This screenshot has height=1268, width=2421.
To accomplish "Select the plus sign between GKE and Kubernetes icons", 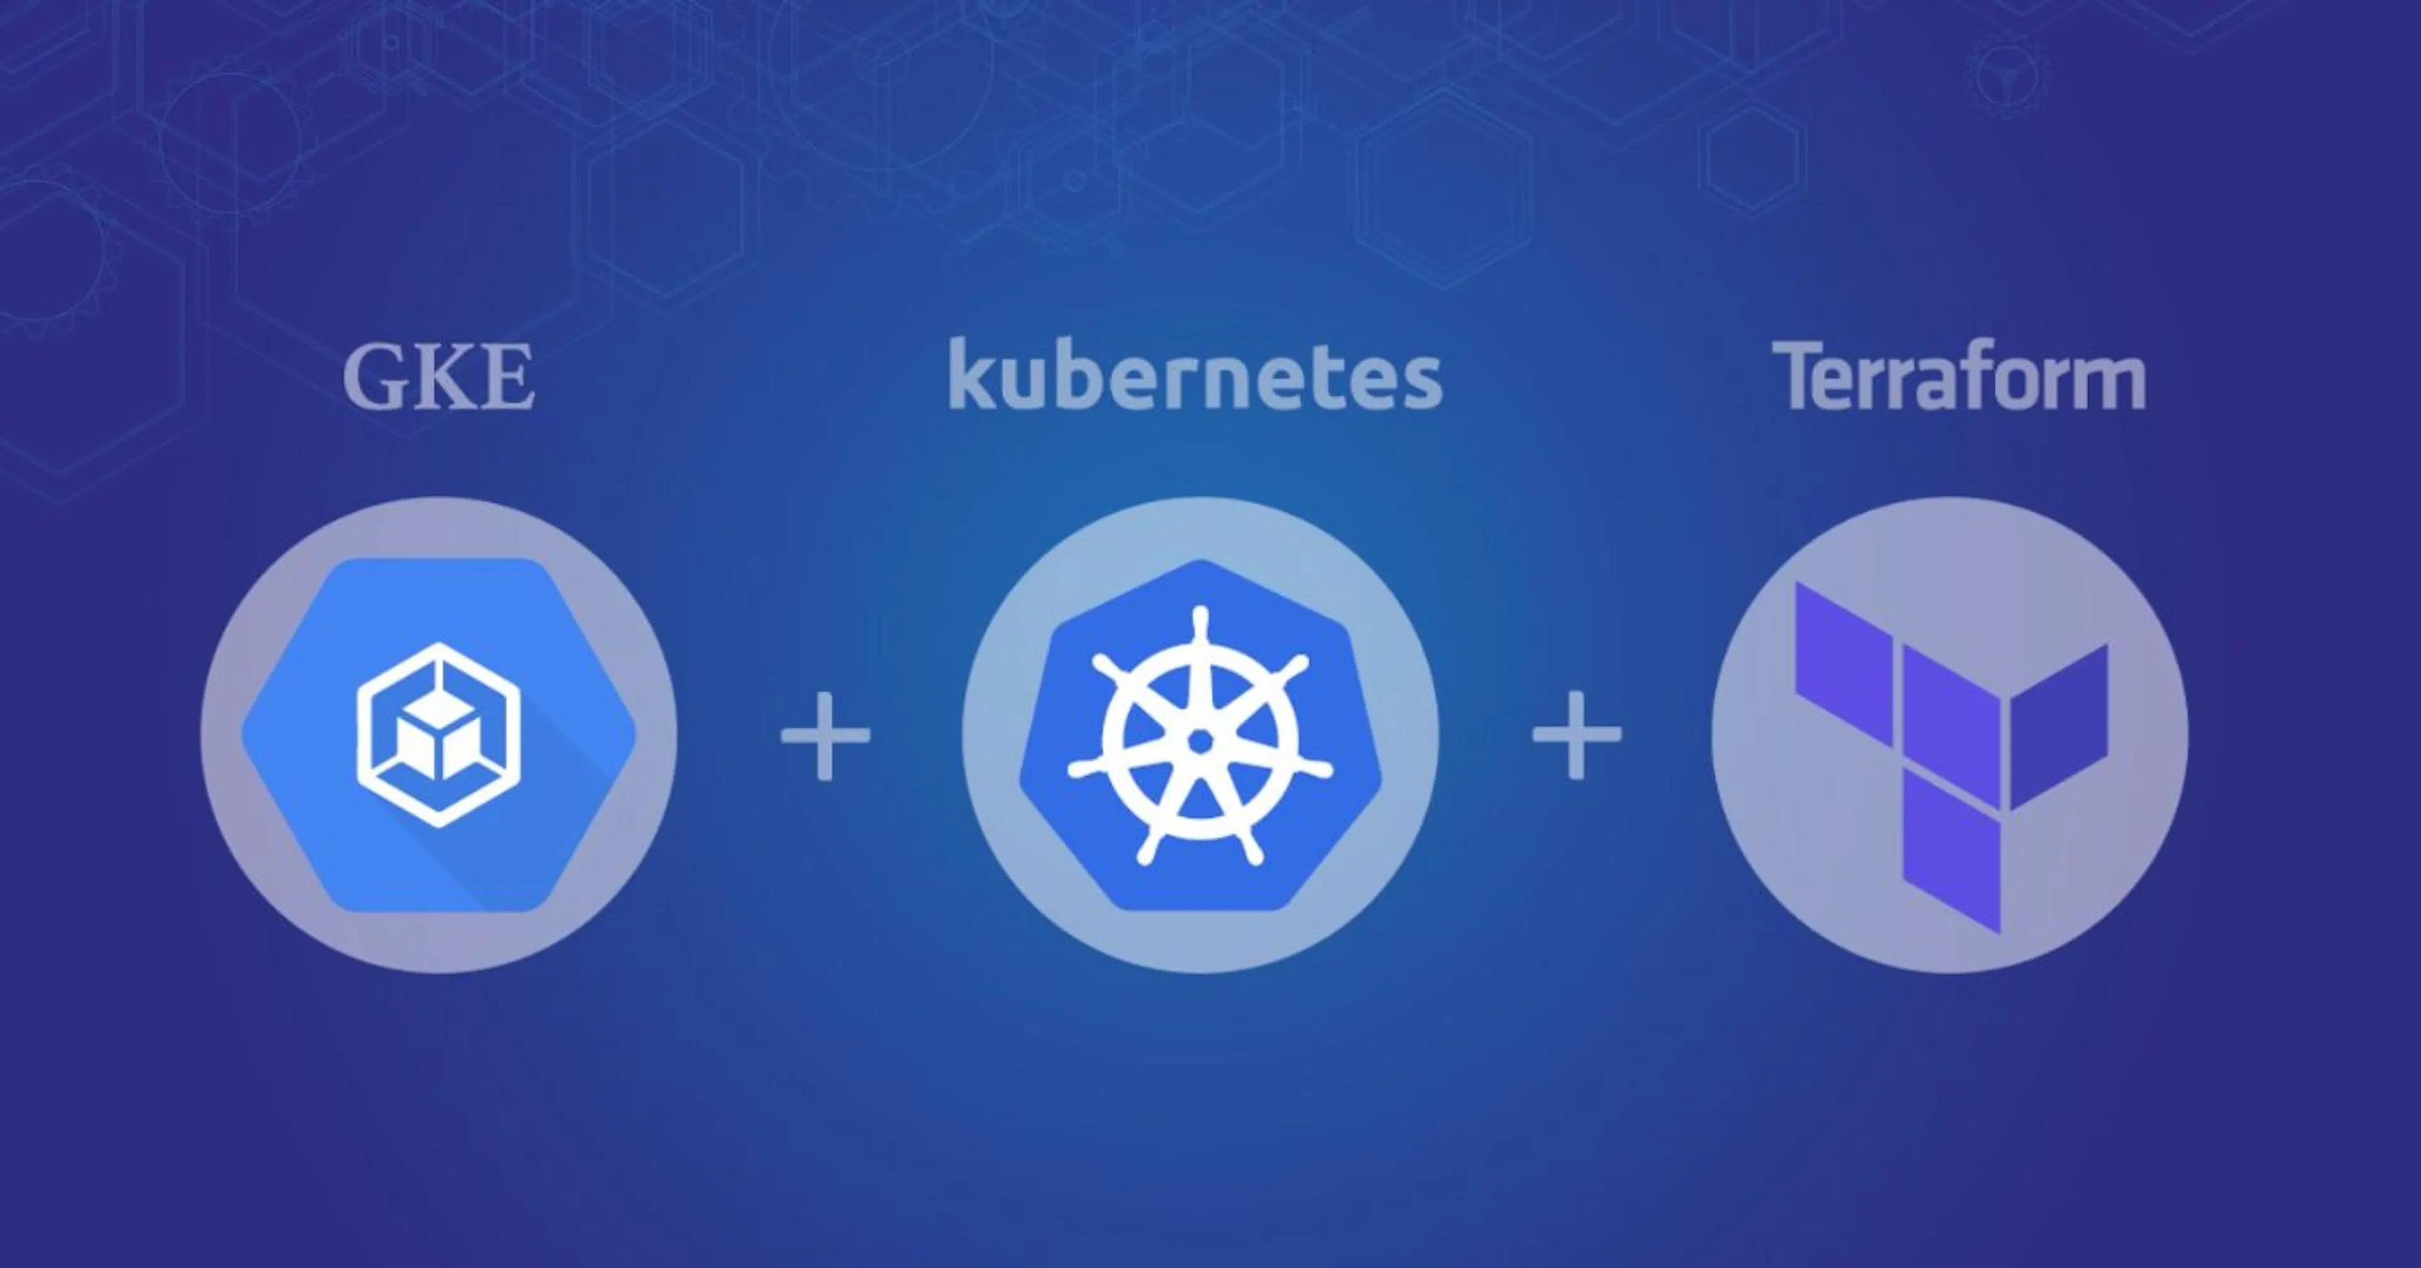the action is pos(825,735).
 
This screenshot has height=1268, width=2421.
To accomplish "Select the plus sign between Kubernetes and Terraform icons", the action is pos(1577,735).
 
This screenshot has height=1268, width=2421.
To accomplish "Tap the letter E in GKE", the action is pos(508,378).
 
